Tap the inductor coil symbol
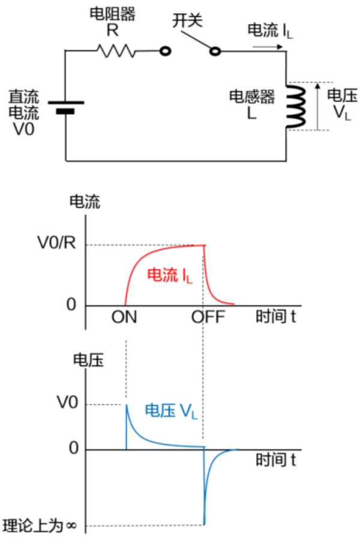(294, 106)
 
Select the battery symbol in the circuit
(65, 107)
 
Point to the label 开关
(188, 22)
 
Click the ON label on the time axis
(124, 317)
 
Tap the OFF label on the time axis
(208, 317)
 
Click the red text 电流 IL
(170, 275)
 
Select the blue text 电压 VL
(171, 411)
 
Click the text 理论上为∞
(40, 526)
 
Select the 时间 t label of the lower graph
(276, 461)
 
